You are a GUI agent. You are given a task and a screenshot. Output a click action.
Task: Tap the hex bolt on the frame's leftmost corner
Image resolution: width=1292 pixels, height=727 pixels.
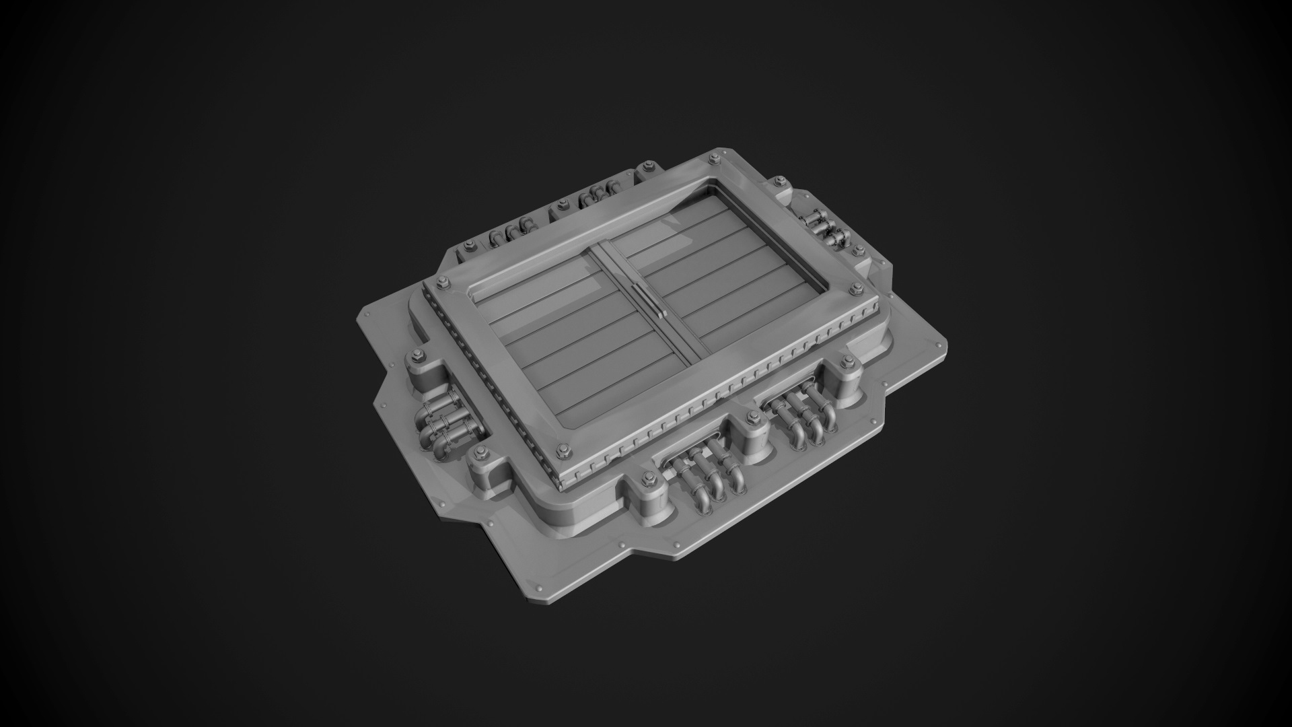click(441, 281)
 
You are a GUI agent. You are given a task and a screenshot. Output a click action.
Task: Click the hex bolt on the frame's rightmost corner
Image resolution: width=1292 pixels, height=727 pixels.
click(856, 290)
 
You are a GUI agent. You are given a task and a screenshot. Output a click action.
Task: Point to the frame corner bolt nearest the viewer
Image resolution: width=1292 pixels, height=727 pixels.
click(564, 449)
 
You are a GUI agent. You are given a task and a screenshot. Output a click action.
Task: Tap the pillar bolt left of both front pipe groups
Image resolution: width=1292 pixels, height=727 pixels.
click(648, 479)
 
